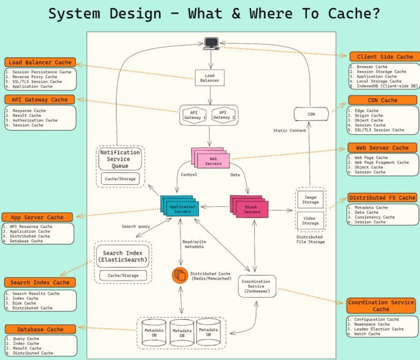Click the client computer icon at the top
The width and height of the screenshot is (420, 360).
point(211,42)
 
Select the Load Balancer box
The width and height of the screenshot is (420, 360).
point(210,78)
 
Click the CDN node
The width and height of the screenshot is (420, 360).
point(311,114)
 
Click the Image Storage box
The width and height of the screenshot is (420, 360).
point(310,200)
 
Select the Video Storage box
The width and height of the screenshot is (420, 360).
point(310,220)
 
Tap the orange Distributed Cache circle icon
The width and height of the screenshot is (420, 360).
point(180,275)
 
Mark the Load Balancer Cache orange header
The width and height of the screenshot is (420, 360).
point(40,62)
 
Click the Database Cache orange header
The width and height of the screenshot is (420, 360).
point(40,329)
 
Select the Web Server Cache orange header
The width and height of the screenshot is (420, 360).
point(382,148)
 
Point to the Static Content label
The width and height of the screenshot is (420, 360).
point(290,130)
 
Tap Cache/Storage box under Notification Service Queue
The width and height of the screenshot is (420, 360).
point(120,179)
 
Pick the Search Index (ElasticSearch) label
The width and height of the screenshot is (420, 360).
point(123,256)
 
